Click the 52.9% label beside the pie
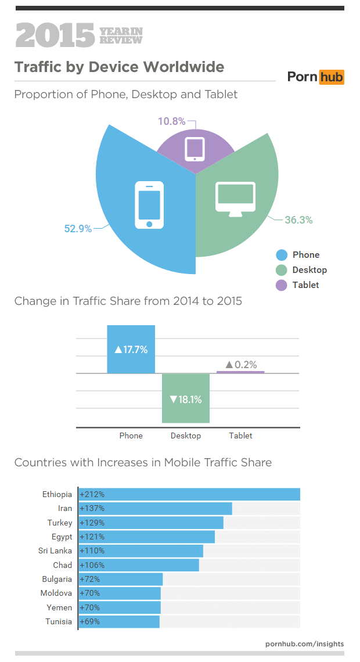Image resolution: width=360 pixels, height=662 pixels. (x=78, y=229)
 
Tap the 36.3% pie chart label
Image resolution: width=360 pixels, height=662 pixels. (x=298, y=220)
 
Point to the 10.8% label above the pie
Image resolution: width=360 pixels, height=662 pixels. (x=171, y=121)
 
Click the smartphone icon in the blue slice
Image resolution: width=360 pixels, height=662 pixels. (x=149, y=205)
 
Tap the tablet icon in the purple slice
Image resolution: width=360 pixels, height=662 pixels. (x=195, y=149)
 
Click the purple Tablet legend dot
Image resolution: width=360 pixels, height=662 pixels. (x=282, y=285)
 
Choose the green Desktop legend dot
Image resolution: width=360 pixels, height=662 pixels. (x=282, y=270)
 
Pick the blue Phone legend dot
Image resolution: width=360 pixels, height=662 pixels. (x=282, y=255)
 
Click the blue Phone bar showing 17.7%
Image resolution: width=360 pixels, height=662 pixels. (x=131, y=349)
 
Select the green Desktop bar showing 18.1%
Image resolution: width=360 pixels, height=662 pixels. (x=186, y=398)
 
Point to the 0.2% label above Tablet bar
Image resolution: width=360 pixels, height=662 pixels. (x=240, y=365)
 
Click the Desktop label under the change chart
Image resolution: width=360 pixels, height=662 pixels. (x=186, y=436)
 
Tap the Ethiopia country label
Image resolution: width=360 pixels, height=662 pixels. (x=57, y=495)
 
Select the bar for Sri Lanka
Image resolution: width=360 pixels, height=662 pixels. (x=141, y=551)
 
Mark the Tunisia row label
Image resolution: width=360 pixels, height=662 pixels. (x=59, y=621)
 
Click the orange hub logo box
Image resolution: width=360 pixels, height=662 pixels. (x=332, y=77)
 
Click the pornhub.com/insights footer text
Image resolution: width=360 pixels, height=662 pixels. (x=304, y=644)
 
